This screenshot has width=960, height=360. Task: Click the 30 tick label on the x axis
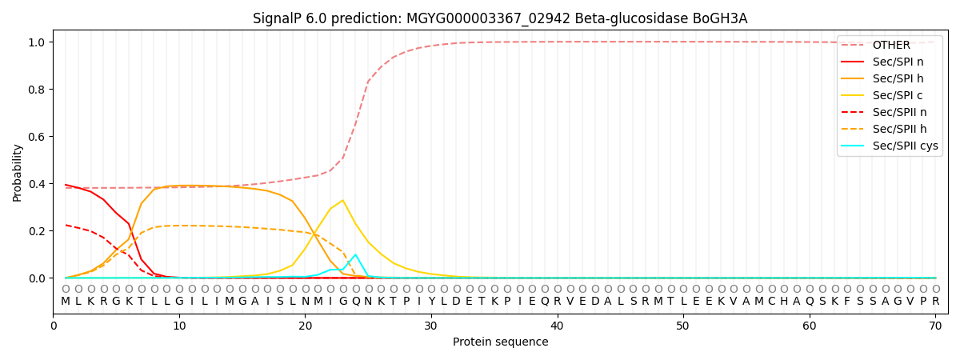click(x=431, y=325)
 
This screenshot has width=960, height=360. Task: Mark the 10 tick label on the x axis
click(x=179, y=325)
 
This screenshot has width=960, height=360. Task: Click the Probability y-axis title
click(x=18, y=172)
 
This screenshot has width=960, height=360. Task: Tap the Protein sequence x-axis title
click(x=500, y=342)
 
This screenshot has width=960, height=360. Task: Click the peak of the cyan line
click(x=355, y=254)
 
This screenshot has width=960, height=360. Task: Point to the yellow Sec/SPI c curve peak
click(x=342, y=200)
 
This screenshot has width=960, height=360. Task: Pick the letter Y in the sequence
click(x=431, y=302)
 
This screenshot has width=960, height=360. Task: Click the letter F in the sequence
click(x=847, y=302)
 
